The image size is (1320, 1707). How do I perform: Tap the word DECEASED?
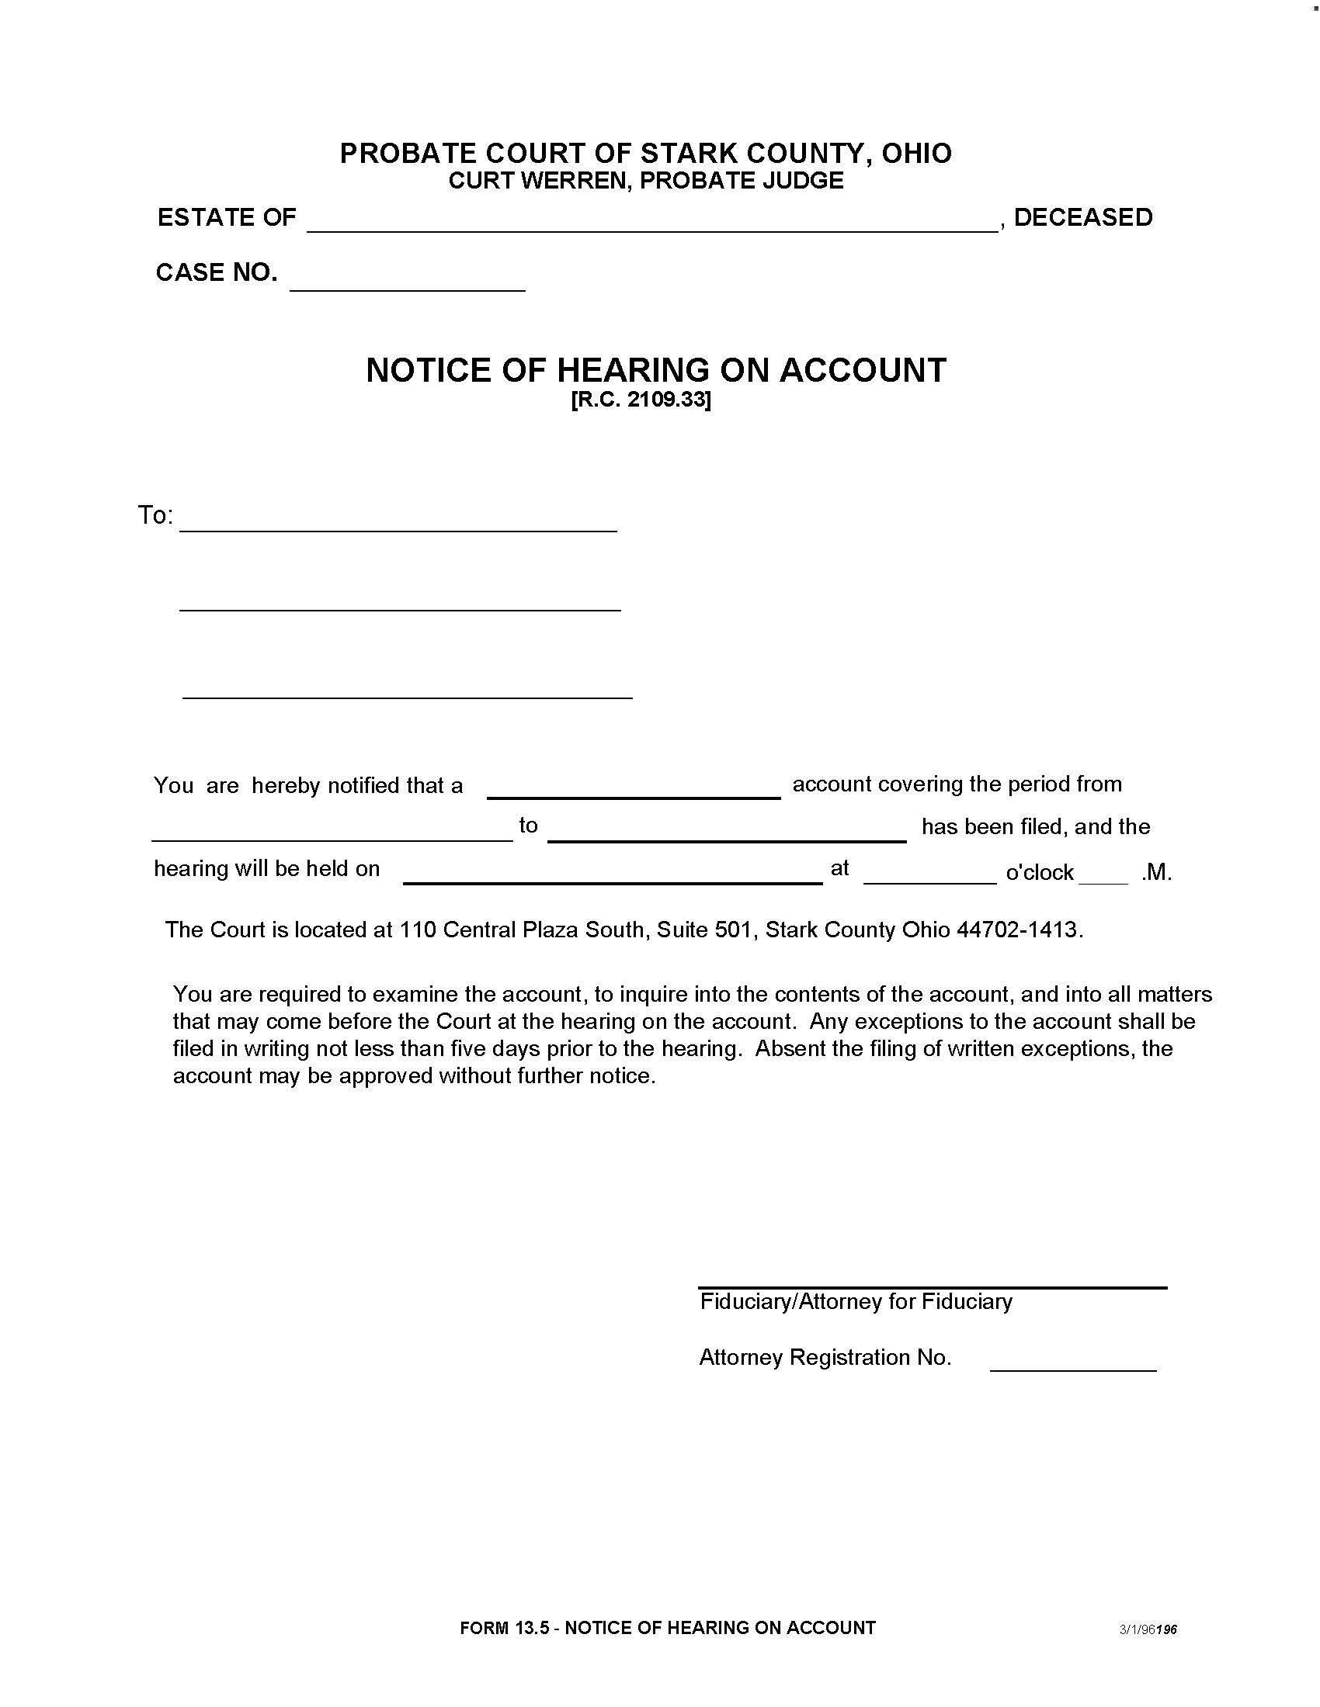[x=1083, y=217]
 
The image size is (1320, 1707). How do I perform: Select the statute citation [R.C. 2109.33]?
[x=641, y=400]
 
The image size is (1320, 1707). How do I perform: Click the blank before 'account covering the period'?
[x=634, y=789]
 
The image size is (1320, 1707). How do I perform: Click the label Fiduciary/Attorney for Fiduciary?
[x=856, y=1302]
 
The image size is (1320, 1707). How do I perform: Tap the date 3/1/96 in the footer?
[x=1136, y=1629]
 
